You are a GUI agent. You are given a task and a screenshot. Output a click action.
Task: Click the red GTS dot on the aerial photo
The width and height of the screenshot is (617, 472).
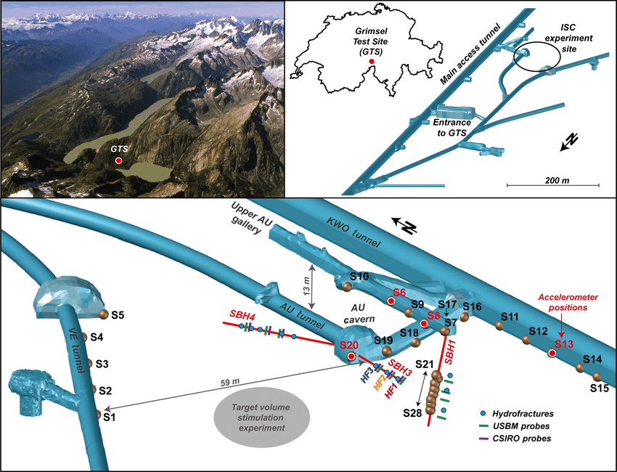(118, 160)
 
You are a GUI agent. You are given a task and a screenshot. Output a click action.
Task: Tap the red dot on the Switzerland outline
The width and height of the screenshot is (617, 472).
(372, 62)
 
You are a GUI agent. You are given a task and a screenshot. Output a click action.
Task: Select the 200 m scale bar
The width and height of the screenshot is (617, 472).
(553, 184)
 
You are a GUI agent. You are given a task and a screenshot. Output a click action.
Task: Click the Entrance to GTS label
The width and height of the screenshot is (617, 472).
(451, 128)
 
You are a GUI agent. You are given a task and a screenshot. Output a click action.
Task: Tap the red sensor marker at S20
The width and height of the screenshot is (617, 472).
(351, 357)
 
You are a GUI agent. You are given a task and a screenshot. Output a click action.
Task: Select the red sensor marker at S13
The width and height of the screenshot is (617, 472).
(552, 353)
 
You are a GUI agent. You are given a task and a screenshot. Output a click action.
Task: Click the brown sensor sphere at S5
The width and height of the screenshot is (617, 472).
(103, 314)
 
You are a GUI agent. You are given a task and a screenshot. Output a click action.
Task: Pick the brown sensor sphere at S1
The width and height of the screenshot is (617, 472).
(99, 414)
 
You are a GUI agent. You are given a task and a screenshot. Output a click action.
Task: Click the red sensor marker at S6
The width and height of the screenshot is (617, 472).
(391, 301)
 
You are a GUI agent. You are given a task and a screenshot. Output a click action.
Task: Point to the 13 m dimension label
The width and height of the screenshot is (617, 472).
(306, 287)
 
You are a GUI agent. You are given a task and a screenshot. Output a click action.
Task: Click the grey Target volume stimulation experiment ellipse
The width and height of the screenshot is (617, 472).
(261, 418)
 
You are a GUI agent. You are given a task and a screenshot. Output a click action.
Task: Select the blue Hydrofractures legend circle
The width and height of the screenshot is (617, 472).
(483, 413)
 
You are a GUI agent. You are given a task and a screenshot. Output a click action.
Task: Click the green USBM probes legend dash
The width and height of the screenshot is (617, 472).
(483, 426)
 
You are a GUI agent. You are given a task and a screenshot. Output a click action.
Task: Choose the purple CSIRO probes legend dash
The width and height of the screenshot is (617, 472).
(483, 438)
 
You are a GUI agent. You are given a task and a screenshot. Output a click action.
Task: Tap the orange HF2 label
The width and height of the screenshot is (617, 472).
(380, 382)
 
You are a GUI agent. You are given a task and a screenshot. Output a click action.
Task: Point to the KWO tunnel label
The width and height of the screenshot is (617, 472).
(354, 232)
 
